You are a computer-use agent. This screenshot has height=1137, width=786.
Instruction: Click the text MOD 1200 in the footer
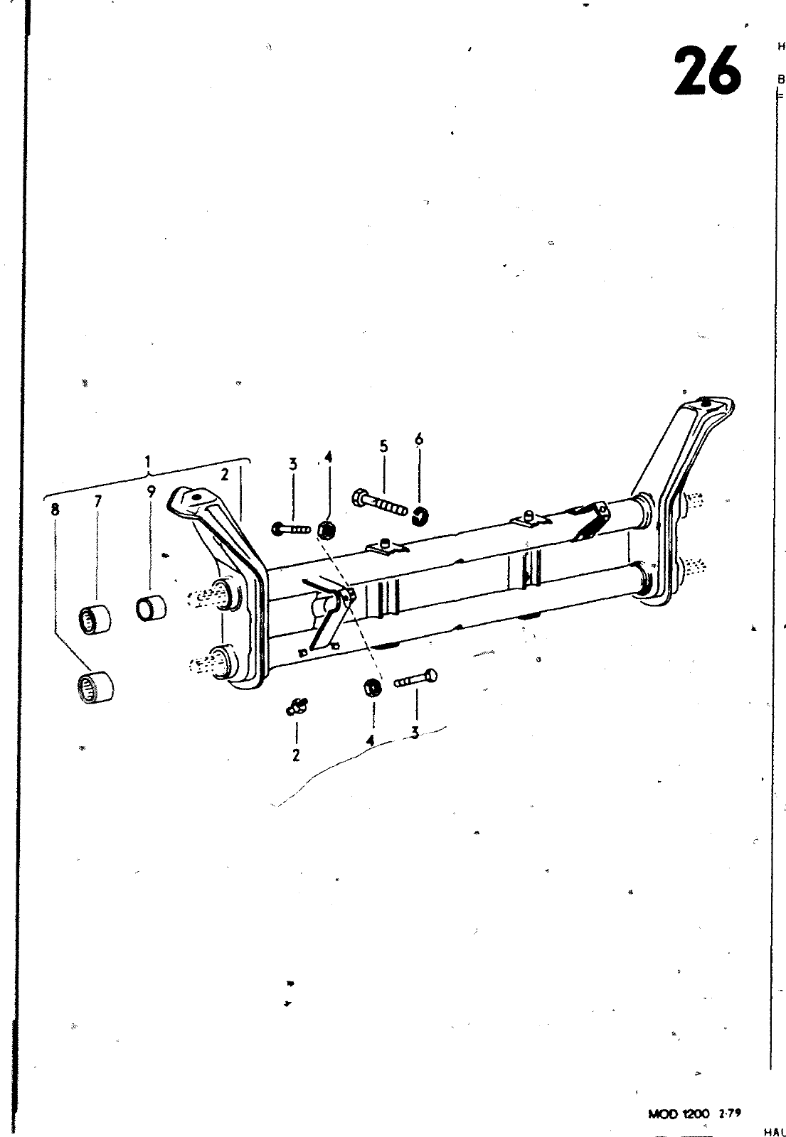click(x=678, y=1114)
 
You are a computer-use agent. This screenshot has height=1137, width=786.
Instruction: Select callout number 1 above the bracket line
click(x=148, y=463)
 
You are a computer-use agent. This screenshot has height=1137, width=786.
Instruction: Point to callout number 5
click(x=383, y=446)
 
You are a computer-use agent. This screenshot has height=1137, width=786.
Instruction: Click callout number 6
click(x=418, y=440)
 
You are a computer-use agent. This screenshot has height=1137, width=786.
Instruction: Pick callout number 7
click(x=97, y=501)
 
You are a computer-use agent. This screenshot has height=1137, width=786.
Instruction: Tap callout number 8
click(x=55, y=509)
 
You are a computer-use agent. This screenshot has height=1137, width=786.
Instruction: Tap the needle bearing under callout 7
click(x=95, y=619)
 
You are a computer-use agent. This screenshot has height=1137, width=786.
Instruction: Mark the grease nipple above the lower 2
click(x=297, y=706)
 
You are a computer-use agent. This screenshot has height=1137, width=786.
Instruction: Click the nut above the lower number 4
click(x=371, y=688)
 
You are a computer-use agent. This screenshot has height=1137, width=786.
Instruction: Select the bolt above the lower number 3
click(x=415, y=679)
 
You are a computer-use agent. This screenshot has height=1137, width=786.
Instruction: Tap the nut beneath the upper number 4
click(x=326, y=529)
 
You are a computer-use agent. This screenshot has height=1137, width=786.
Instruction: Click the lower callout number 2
click(x=296, y=755)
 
